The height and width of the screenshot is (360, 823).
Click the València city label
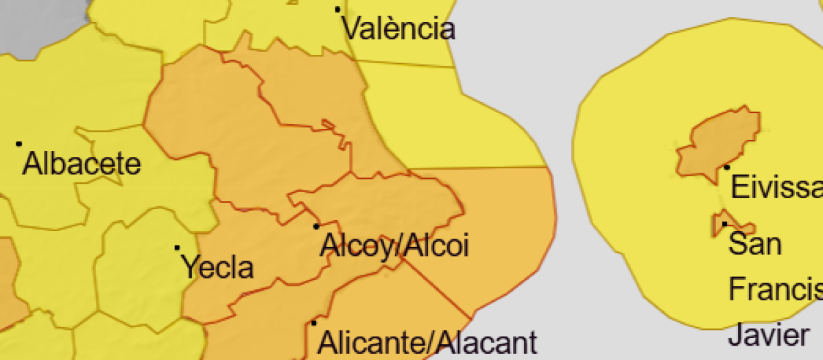pos(398,29)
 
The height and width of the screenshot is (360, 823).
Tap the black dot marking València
pos(337,10)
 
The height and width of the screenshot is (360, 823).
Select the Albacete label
pos(82,165)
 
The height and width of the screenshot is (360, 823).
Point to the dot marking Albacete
pos(19,144)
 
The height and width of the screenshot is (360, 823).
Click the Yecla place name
pos(217,267)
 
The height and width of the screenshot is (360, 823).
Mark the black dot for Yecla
pos(177,248)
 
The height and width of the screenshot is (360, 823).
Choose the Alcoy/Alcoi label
pos(394,245)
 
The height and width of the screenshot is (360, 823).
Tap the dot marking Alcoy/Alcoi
pos(316,226)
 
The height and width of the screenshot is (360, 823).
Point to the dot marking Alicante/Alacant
pos(314,322)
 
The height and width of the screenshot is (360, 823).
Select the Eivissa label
pos(776,187)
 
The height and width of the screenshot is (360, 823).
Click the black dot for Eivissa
pos(727,167)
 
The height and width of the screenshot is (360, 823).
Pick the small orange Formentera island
pos(737,225)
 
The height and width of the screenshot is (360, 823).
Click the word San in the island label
pos(754,243)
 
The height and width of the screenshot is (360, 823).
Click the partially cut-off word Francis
pos(774,289)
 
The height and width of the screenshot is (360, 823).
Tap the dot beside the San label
pos(724,224)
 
